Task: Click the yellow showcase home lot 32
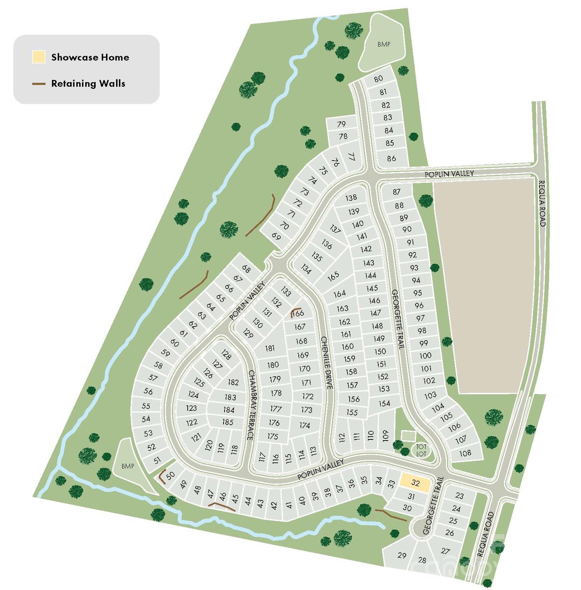click(x=415, y=483)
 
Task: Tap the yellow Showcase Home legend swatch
click(x=39, y=57)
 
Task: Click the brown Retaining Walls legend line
click(x=39, y=83)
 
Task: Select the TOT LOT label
click(x=421, y=450)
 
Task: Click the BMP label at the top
click(x=384, y=44)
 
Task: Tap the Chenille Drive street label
click(x=327, y=363)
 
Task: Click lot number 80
click(x=378, y=78)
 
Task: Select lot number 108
click(x=465, y=453)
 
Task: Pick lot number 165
click(x=333, y=275)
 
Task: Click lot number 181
click(x=270, y=348)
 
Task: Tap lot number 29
click(x=402, y=555)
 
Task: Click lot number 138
click(x=351, y=198)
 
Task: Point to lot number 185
click(x=228, y=422)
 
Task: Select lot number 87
click(x=397, y=192)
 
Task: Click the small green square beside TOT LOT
click(x=408, y=436)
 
